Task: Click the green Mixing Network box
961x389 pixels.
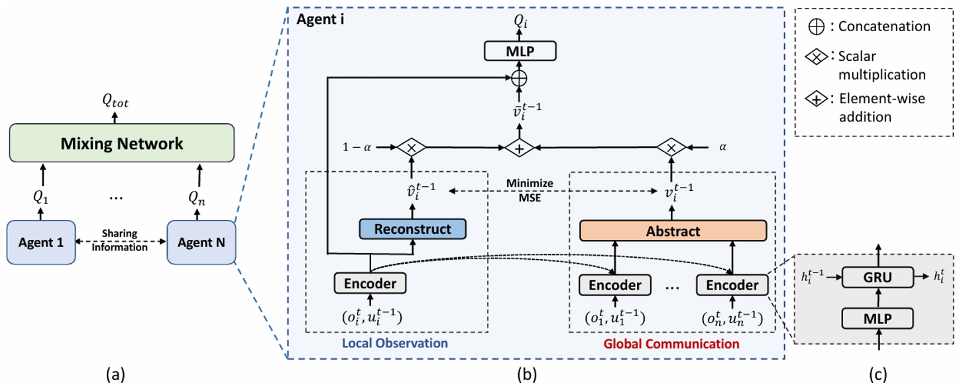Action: pyautogui.click(x=122, y=144)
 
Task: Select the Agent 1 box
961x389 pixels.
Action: pyautogui.click(x=41, y=243)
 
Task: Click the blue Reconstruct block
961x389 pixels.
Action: pyautogui.click(x=413, y=229)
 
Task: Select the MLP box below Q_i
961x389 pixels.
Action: pyautogui.click(x=519, y=51)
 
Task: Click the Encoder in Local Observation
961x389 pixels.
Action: pyautogui.click(x=370, y=284)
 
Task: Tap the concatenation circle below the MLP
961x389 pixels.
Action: pyautogui.click(x=519, y=78)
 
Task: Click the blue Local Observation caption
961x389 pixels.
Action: pyautogui.click(x=395, y=344)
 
